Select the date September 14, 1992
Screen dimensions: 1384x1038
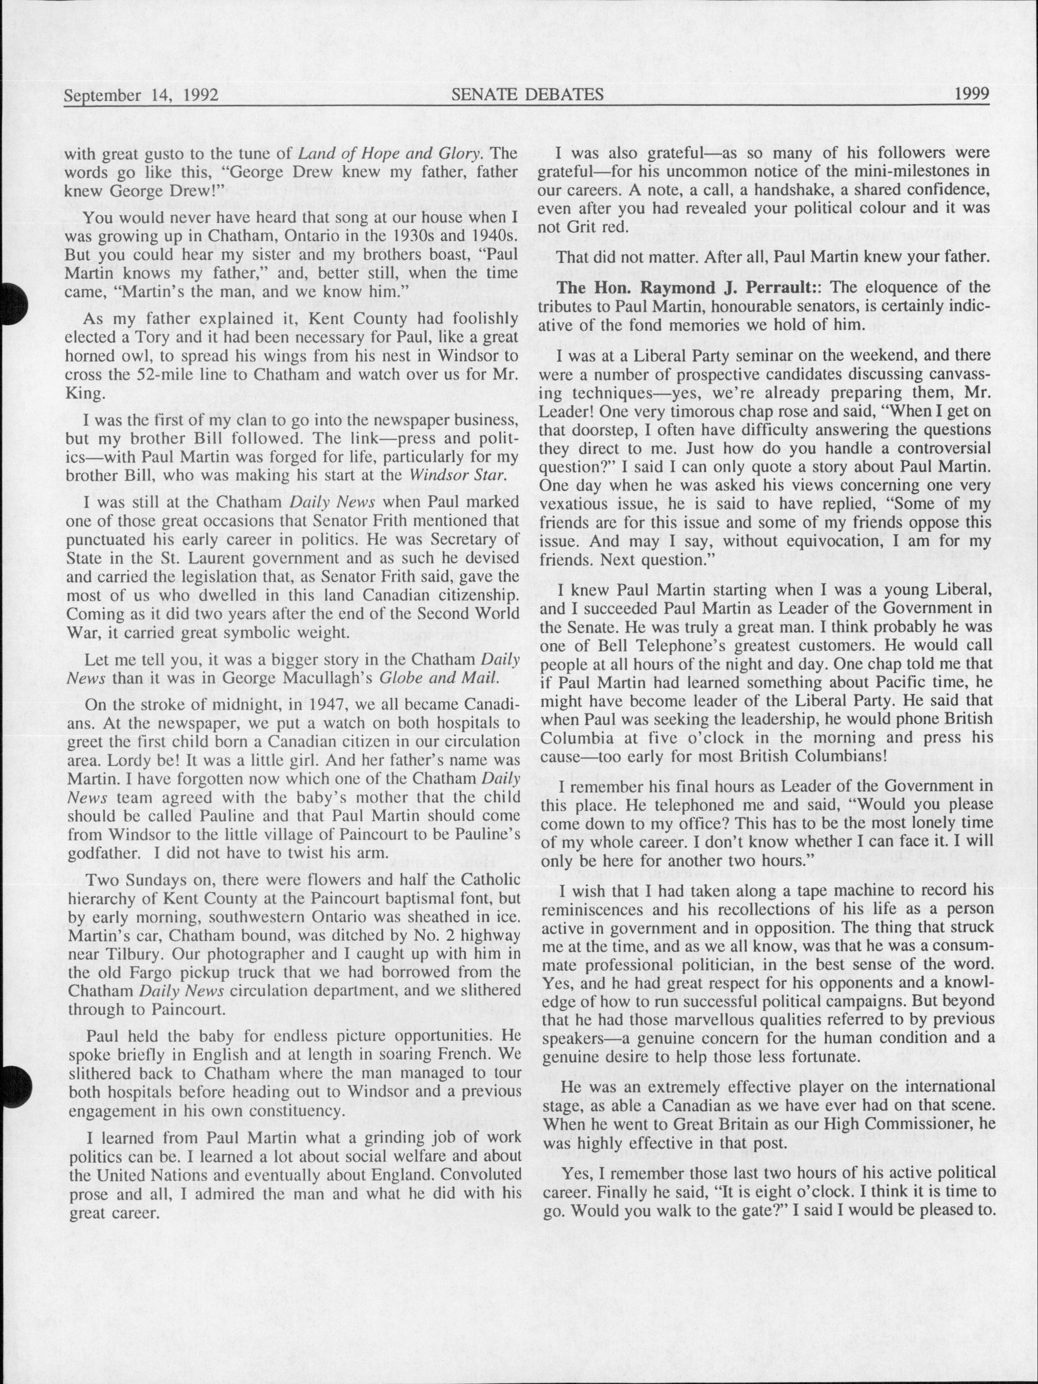(141, 96)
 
